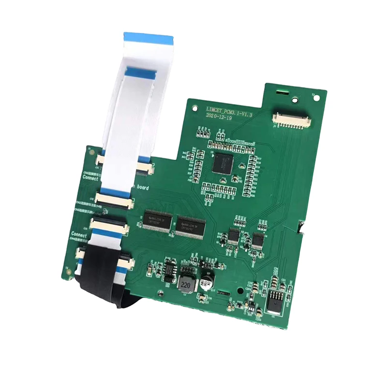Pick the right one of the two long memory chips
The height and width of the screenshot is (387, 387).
pos(191,225)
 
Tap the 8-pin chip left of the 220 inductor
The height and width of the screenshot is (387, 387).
pos(169,272)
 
